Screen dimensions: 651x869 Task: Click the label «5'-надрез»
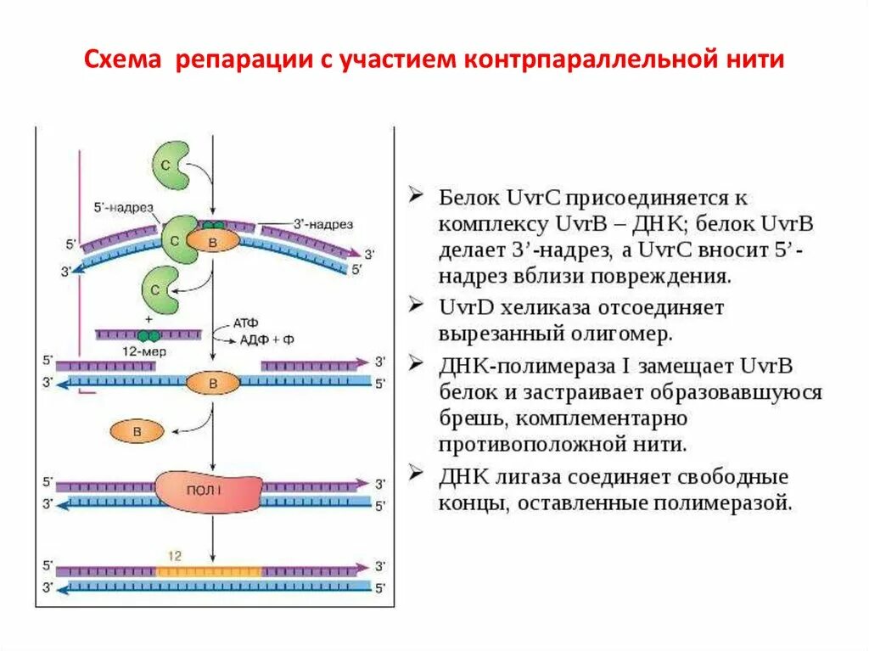[x=124, y=206]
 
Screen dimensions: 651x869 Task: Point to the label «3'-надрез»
[x=323, y=224]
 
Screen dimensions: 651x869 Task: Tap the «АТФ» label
[x=245, y=323]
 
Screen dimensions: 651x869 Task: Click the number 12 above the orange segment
[x=174, y=556]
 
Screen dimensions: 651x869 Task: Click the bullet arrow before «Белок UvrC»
[x=416, y=195]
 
